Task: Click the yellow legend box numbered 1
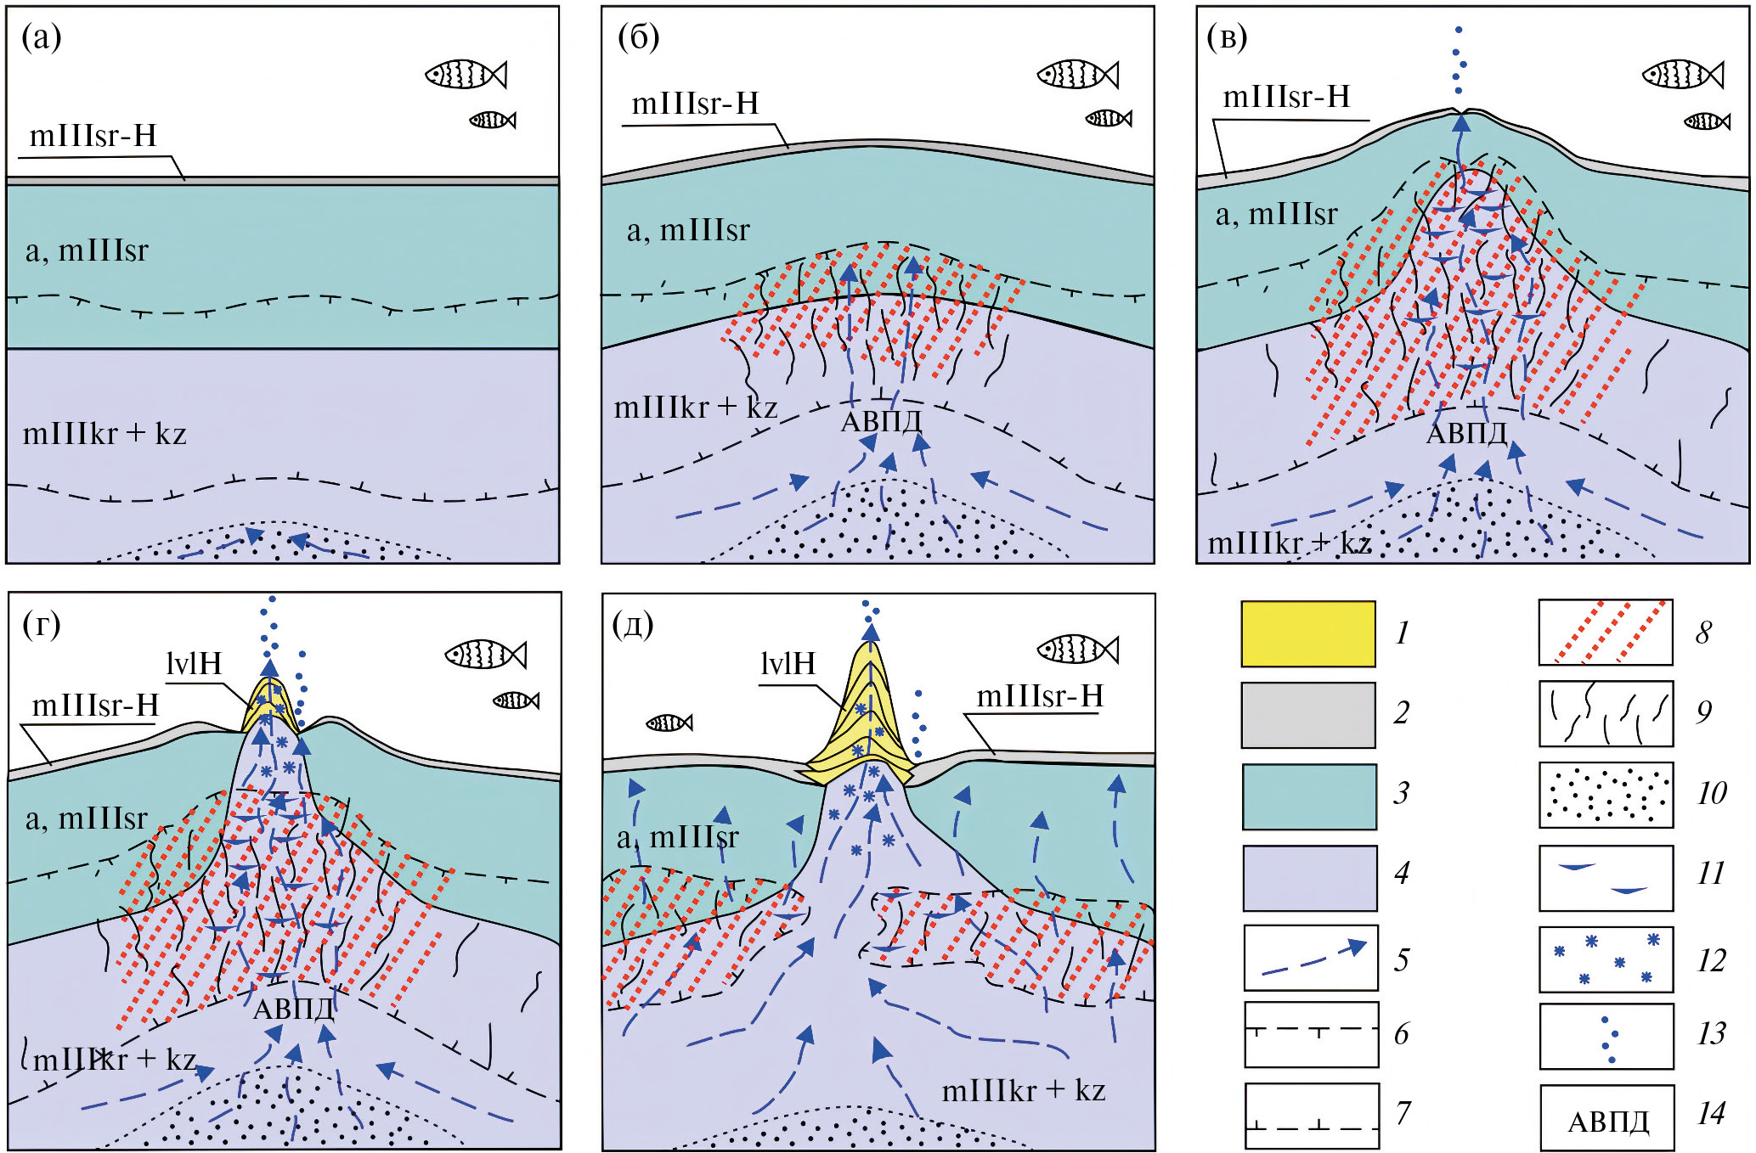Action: tap(1307, 633)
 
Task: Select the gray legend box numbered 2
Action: tap(1307, 715)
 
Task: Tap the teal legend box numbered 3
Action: tap(1308, 796)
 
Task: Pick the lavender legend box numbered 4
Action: tap(1309, 877)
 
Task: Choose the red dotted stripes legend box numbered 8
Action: tap(1605, 633)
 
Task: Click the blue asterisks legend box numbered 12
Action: tap(1606, 959)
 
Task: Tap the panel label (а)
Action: tap(41, 37)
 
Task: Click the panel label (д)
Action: tap(632, 624)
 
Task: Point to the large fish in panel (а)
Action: tap(466, 75)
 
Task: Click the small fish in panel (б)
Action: tap(1108, 118)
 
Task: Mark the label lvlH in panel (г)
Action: tap(194, 663)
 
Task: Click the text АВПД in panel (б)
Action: tap(880, 421)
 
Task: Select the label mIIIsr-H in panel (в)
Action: tap(1285, 97)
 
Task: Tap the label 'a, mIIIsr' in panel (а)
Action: tap(87, 250)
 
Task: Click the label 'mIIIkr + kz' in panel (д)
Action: tap(1023, 1090)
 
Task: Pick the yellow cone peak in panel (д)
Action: tap(867, 650)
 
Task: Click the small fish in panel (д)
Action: tap(669, 723)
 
